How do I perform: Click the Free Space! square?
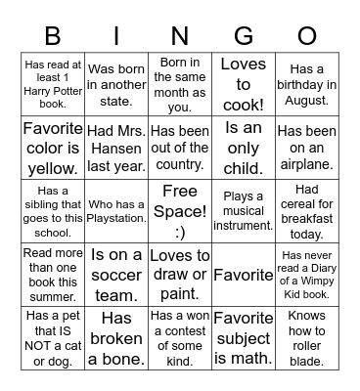179,210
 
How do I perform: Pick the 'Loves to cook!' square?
243,84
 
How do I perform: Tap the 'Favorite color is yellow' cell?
53,148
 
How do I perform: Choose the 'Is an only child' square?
243,148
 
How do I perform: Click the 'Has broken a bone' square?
116,337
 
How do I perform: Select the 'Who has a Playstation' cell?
116,210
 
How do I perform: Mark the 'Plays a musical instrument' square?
243,210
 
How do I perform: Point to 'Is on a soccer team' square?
116,274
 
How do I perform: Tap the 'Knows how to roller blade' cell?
306,337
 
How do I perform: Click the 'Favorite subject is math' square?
243,337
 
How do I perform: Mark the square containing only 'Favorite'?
243,275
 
